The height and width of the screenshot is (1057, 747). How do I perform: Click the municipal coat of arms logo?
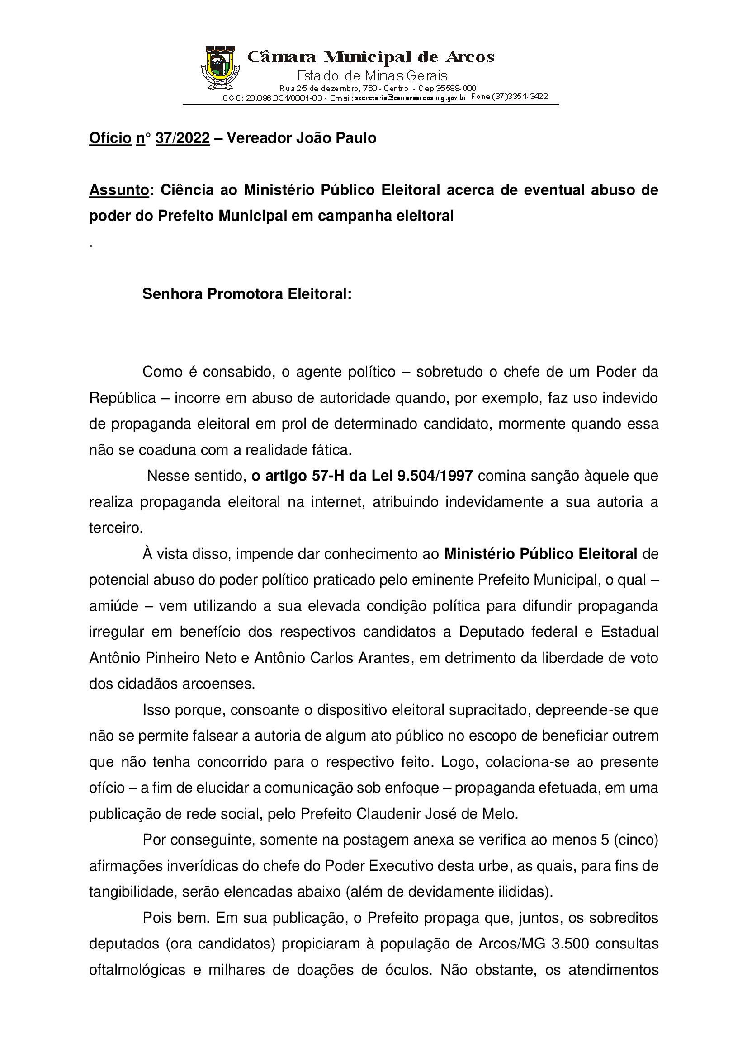(220, 68)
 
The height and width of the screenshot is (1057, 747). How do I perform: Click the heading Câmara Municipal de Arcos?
(371, 57)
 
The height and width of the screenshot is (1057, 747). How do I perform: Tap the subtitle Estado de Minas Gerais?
(372, 75)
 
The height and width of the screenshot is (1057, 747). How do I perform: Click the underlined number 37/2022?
(182, 137)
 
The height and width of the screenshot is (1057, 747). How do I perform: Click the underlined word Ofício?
(110, 137)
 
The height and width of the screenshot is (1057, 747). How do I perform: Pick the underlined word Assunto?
(119, 190)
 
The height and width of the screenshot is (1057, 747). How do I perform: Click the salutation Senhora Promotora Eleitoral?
(246, 294)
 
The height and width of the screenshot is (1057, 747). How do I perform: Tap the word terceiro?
(116, 528)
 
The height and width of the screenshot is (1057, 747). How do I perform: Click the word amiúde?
(113, 606)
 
